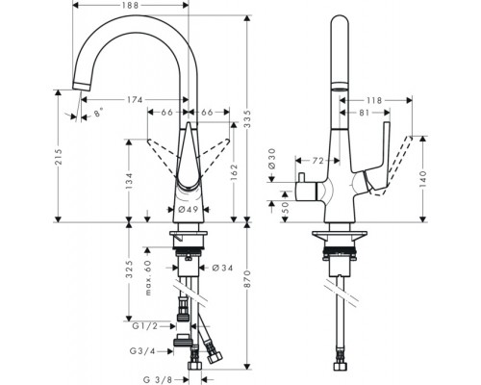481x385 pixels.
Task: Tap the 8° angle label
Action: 97,114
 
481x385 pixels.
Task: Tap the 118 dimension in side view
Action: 374,99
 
